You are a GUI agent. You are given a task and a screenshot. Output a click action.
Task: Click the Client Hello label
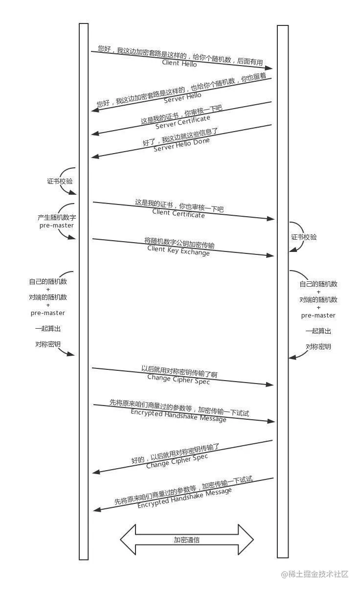180,63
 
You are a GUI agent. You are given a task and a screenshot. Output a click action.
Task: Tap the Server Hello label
182,98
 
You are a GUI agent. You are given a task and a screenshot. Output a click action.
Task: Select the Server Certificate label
183,122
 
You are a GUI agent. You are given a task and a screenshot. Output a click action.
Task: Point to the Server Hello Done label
181,145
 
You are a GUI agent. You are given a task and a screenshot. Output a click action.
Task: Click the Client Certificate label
179,213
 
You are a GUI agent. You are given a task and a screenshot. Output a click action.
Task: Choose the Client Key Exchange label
179,250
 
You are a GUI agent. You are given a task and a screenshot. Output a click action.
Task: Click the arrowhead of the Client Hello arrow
269,68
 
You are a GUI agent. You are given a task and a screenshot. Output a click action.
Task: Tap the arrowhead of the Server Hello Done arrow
95,157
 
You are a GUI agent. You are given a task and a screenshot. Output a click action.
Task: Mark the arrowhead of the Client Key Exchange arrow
270,255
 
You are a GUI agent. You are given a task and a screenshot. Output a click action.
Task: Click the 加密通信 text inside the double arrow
187,540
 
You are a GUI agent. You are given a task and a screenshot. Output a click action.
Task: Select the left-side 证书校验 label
60,181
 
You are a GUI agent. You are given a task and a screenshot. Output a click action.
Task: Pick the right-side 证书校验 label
304,237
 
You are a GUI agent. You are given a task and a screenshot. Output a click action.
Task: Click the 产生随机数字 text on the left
57,218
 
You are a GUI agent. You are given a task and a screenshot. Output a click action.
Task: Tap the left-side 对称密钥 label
48,344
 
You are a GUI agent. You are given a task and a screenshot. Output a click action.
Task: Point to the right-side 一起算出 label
318,331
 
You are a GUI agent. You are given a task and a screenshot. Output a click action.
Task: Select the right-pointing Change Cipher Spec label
179,379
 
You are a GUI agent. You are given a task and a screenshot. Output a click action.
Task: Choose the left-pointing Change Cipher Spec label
177,461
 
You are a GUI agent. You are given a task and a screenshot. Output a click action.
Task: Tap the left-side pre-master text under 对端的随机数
48,313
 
